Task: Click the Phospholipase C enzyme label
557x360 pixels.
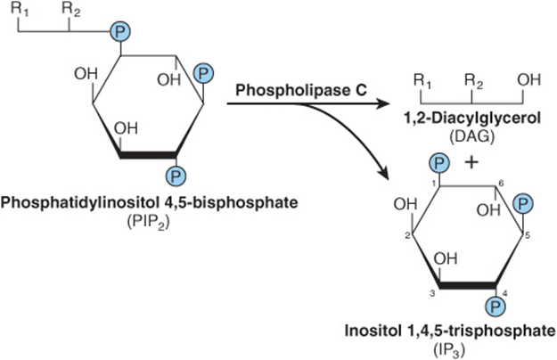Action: tap(301, 90)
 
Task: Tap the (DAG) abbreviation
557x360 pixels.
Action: tap(471, 136)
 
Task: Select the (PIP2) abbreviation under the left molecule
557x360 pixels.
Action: tap(148, 222)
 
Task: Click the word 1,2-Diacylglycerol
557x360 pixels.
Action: tap(472, 118)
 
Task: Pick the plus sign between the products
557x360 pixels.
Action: tap(471, 163)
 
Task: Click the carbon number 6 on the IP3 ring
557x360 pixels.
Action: tap(501, 184)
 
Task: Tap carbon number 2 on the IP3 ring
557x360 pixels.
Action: tap(407, 235)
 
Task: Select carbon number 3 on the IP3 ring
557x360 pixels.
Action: tap(432, 293)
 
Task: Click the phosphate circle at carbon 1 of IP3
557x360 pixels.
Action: tap(439, 164)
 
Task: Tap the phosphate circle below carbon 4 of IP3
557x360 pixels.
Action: tap(496, 306)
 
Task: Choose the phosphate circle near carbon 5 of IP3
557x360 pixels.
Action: tap(523, 204)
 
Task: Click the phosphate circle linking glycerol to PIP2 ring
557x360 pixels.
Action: tap(120, 32)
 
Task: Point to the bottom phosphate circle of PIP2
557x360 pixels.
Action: tap(176, 176)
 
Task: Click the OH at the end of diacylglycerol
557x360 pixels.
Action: tap(529, 79)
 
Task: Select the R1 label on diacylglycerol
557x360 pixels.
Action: tap(422, 81)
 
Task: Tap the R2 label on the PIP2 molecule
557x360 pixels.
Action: tap(71, 10)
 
